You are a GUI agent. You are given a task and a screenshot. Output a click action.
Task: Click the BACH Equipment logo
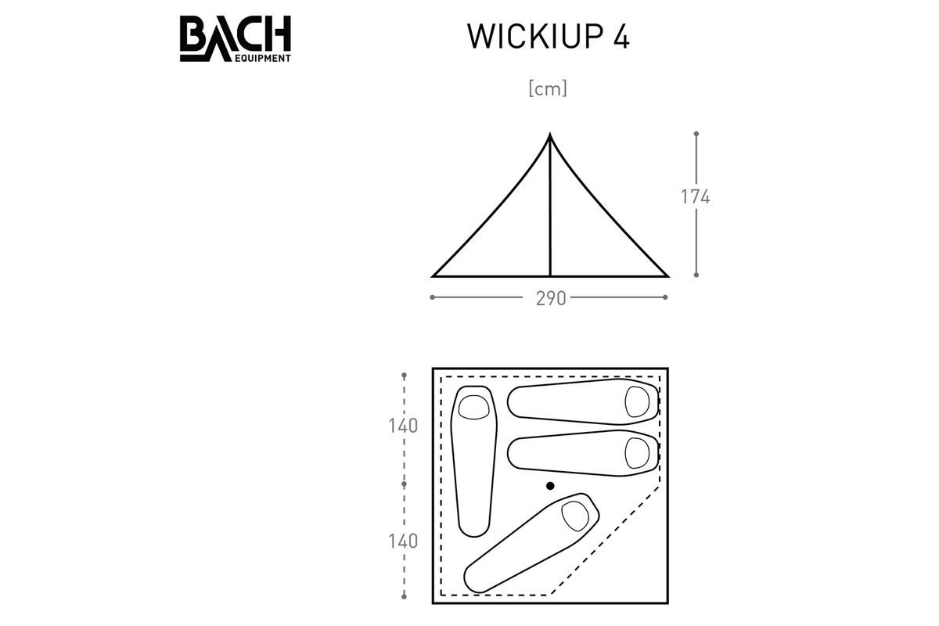pyautogui.click(x=236, y=38)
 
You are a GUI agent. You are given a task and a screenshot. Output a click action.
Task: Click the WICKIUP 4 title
pyautogui.click(x=549, y=37)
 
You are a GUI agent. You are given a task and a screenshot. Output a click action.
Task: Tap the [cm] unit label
pyautogui.click(x=548, y=88)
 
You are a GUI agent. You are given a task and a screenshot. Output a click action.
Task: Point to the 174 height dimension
pyautogui.click(x=695, y=196)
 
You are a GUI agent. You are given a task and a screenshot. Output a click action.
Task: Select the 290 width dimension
pyautogui.click(x=551, y=298)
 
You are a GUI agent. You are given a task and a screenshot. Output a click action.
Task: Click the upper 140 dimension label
pyautogui.click(x=403, y=426)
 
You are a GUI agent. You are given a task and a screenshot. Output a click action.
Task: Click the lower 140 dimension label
pyautogui.click(x=403, y=541)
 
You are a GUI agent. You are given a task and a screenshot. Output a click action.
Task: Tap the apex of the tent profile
pyautogui.click(x=549, y=134)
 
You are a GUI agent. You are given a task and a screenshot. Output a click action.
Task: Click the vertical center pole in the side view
pyautogui.click(x=550, y=206)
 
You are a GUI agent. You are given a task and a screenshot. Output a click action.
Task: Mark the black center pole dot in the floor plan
pyautogui.click(x=550, y=486)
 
